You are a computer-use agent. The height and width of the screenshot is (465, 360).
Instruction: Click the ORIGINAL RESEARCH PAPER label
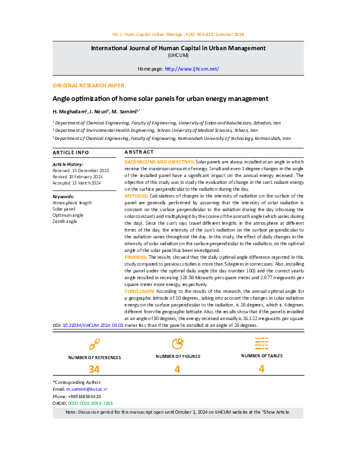pos(88,85)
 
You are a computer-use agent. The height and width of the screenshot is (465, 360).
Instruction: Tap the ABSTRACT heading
pos(139,152)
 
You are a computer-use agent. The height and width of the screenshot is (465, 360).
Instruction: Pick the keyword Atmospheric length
pos(72,202)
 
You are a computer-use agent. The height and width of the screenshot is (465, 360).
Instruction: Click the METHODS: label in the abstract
pos(136,196)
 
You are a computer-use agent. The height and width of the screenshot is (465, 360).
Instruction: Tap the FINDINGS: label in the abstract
pos(136,256)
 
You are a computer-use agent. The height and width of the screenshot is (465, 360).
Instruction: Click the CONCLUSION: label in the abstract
pos(139,290)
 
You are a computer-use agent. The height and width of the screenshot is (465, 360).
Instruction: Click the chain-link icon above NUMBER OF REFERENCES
pos(94,344)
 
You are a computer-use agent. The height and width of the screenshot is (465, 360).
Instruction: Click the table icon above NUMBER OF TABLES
pos(261,342)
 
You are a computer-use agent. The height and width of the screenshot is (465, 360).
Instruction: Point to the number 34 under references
pos(94,370)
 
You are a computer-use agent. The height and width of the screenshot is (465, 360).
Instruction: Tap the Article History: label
pos(68,163)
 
